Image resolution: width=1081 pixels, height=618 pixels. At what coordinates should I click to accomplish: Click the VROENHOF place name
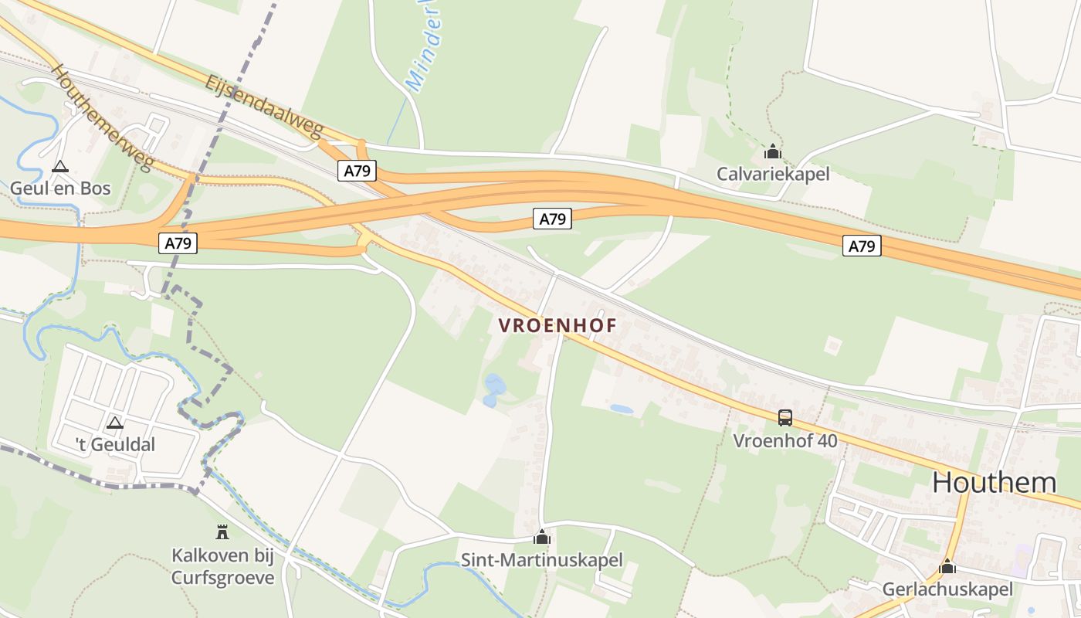coord(557,326)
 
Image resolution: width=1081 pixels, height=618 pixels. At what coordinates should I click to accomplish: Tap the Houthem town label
coord(994,482)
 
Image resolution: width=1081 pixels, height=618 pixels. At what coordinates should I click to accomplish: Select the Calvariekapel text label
coord(773,174)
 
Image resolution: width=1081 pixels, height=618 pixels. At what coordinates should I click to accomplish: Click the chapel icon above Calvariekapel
coord(773,151)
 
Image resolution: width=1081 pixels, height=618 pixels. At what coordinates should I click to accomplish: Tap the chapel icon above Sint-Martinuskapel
coord(542,537)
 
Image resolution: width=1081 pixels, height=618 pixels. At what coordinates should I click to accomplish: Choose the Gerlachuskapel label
coord(947,589)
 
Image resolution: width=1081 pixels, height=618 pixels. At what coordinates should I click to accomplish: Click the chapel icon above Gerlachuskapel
coord(947,566)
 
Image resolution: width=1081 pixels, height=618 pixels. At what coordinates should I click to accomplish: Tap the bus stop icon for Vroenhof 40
coord(785,418)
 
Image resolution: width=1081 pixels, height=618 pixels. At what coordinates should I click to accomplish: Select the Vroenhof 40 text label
coord(785,441)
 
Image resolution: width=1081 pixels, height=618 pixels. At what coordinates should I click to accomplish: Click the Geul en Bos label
coord(60,188)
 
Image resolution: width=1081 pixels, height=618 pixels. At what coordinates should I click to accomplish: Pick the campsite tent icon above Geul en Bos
coord(59,166)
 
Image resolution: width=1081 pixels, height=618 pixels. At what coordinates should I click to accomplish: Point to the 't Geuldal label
coord(115,444)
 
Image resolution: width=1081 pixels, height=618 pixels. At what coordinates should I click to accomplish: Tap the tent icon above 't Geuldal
coord(115,423)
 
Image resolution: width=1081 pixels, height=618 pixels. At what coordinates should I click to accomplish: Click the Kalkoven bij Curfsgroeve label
coord(222,566)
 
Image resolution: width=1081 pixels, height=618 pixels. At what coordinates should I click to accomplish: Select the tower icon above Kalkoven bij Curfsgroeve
coord(222,531)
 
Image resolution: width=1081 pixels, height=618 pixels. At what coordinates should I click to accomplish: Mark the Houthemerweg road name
coord(102,117)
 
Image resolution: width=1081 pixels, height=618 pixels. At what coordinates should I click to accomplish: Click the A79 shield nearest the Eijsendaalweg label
coord(357,171)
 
